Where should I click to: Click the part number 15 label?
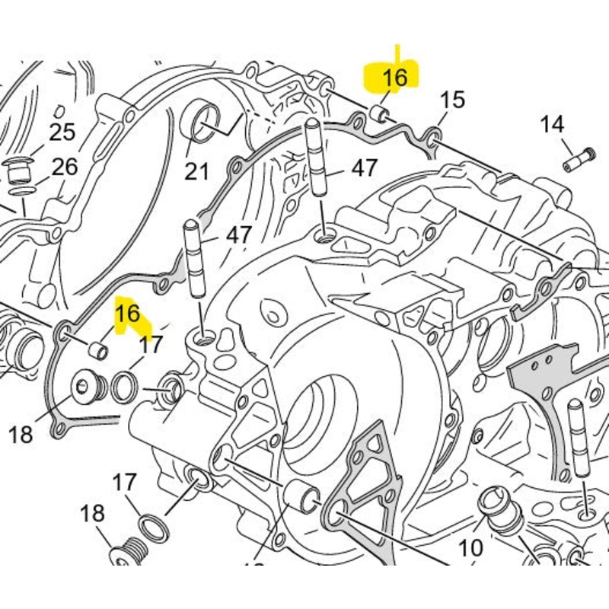pyautogui.click(x=452, y=100)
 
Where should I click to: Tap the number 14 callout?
pyautogui.click(x=553, y=124)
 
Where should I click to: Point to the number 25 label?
pyautogui.click(x=62, y=132)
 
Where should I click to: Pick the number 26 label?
pyautogui.click(x=65, y=167)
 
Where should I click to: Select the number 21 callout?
pyautogui.click(x=196, y=172)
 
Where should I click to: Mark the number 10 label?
pyautogui.click(x=470, y=547)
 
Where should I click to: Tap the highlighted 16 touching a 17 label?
pyautogui.click(x=128, y=314)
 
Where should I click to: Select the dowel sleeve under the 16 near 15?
pyautogui.click(x=378, y=114)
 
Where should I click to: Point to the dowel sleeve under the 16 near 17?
pyautogui.click(x=97, y=350)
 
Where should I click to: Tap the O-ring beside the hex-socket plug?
pyautogui.click(x=123, y=387)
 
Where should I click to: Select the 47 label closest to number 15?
pyautogui.click(x=364, y=168)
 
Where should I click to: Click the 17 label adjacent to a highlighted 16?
pyautogui.click(x=151, y=344)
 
